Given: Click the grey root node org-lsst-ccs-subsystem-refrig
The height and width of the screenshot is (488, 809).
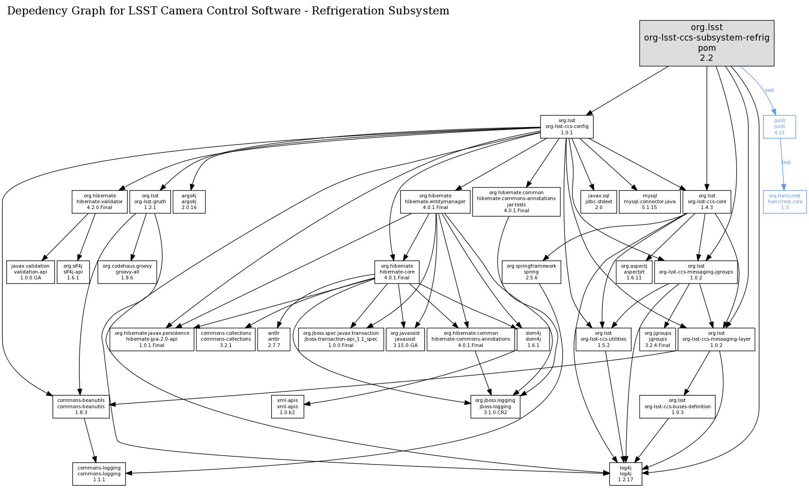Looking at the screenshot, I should pos(706,43).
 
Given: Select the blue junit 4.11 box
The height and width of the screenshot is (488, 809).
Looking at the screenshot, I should pos(779,127).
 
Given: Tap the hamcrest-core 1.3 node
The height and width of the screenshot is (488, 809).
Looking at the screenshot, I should pos(785,201).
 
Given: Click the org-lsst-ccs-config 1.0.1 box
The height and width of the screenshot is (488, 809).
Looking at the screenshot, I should pos(567,127).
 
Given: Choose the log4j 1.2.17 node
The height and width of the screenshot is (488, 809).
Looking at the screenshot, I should pos(625,474).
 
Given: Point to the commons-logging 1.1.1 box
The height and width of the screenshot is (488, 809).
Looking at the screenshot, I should pos(99,474).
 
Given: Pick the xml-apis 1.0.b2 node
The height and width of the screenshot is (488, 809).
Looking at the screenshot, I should pos(287,406).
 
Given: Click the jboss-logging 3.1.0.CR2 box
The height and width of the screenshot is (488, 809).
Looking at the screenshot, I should pos(495,406).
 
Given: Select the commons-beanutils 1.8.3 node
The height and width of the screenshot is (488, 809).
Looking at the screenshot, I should pos(81,406).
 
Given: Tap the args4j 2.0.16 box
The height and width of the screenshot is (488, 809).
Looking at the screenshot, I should pos(189,201).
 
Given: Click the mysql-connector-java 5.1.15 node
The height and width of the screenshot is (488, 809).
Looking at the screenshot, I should pos(649,201).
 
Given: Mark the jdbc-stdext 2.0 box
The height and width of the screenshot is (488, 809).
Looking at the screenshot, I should pos(599,201).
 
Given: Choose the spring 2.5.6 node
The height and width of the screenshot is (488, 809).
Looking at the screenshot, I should pos(531,272).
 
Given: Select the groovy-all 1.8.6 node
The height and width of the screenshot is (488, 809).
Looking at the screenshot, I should pos(127,272).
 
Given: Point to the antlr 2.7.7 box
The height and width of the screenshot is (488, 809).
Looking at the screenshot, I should pos(274,339).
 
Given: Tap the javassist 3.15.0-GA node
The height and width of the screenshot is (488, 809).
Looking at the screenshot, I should pos(405,339).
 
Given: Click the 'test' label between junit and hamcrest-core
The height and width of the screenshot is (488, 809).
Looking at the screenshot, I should pos(786,162).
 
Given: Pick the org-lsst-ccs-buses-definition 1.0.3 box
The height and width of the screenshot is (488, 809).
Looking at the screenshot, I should pos(677,406).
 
